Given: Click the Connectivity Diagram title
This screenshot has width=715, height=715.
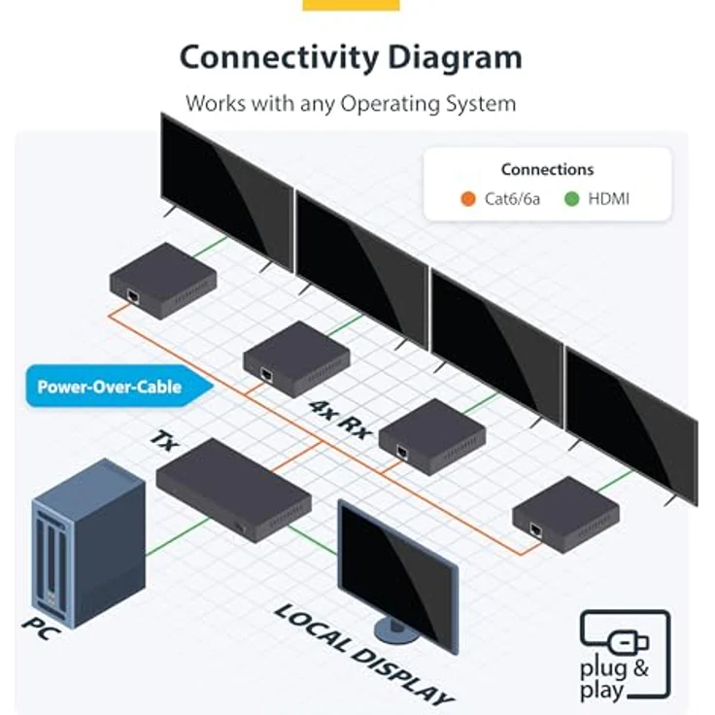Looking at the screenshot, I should pyautogui.click(x=351, y=56).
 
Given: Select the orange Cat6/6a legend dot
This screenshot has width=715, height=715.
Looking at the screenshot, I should pyautogui.click(x=468, y=199).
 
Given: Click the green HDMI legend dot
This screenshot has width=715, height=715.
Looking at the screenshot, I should pyautogui.click(x=572, y=199).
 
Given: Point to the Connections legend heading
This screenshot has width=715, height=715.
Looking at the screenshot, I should pyautogui.click(x=547, y=169).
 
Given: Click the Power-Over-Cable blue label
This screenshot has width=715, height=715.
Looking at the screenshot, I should pyautogui.click(x=109, y=387).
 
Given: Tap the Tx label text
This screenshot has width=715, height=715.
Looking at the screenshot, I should pyautogui.click(x=164, y=441).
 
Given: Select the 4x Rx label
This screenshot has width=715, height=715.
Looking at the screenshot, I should pyautogui.click(x=339, y=419).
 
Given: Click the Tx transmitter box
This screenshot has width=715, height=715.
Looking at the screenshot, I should pyautogui.click(x=233, y=487).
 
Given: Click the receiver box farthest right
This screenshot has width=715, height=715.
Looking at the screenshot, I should pyautogui.click(x=565, y=512).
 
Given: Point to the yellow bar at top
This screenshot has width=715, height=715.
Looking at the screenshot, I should pyautogui.click(x=351, y=5).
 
